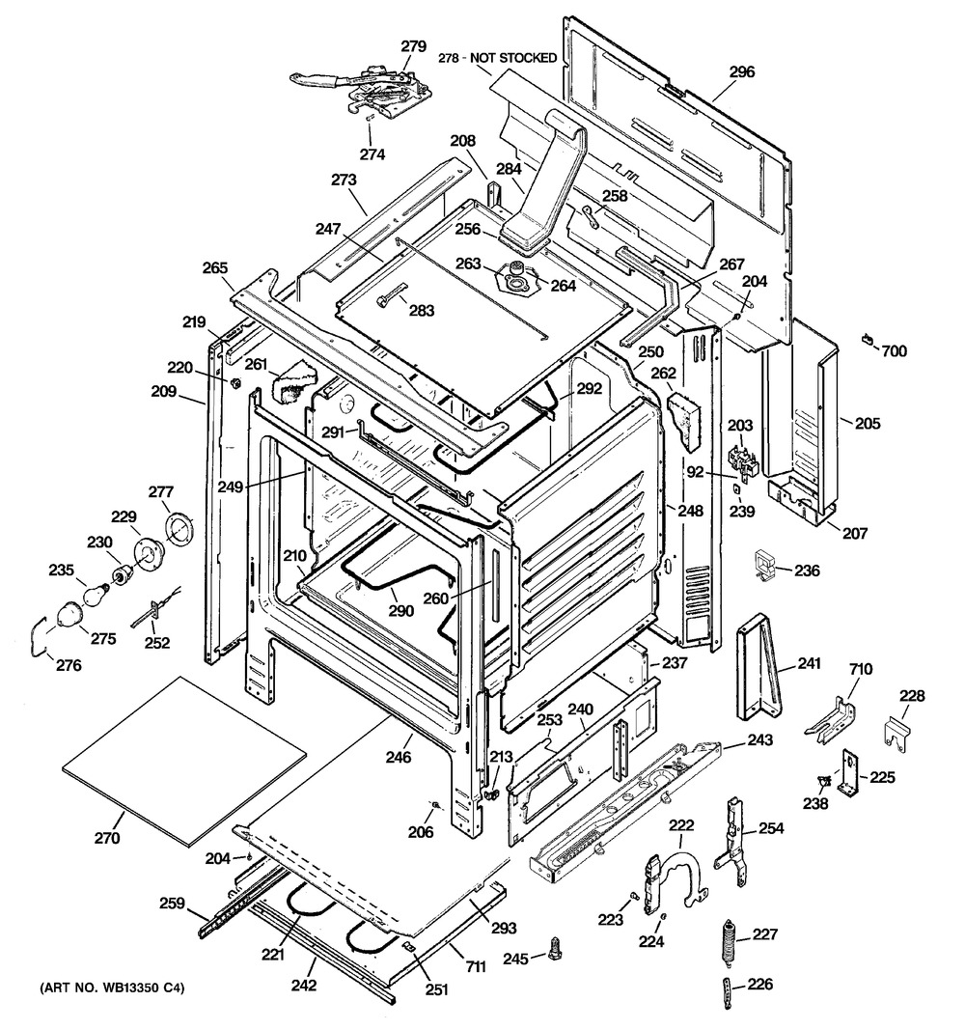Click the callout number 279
[x=413, y=45]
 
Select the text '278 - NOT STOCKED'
[x=498, y=58]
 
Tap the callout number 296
[x=742, y=71]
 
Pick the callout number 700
[x=895, y=351]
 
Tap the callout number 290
[x=401, y=611]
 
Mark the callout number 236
[x=807, y=571]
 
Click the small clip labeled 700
[x=868, y=338]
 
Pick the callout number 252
[x=157, y=644]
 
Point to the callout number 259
[x=172, y=905]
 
